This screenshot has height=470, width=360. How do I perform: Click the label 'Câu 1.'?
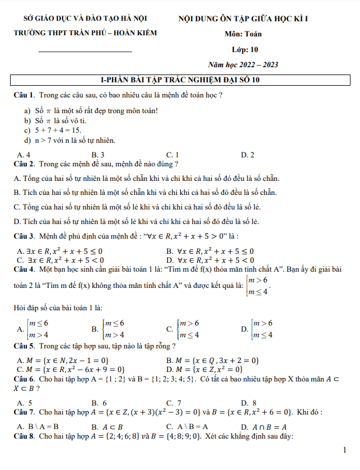pyautogui.click(x=25, y=95)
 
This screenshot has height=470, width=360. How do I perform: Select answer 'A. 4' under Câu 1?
pyautogui.click(x=24, y=155)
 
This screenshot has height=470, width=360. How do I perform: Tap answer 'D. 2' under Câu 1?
pyautogui.click(x=247, y=155)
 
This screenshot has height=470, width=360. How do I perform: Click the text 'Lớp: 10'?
pyautogui.click(x=245, y=49)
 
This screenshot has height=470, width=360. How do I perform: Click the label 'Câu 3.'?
pyautogui.click(x=25, y=235)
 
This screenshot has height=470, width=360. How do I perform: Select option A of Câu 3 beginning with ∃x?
pyautogui.click(x=60, y=251)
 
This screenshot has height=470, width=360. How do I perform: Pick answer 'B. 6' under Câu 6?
pyautogui.click(x=99, y=403)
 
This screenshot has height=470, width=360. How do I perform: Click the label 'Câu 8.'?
pyautogui.click(x=25, y=436)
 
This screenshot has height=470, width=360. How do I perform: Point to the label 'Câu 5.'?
pyautogui.click(x=25, y=345)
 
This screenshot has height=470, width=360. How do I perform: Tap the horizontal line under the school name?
pyautogui.click(x=85, y=52)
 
